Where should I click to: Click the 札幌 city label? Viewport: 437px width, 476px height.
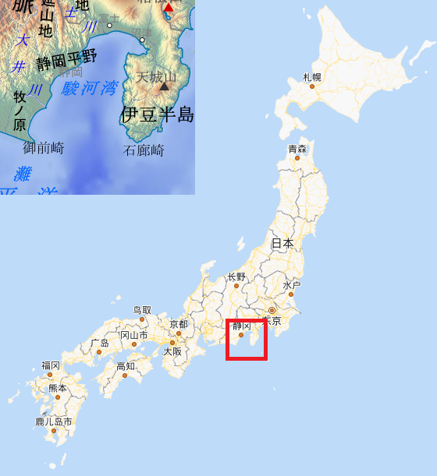pos(312,77)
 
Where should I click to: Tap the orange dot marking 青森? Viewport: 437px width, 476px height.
pos(297,158)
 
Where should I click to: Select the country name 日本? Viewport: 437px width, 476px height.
pos(282,243)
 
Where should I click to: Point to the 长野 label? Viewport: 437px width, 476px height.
pos(236,277)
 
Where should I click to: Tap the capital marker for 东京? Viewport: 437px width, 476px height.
pos(272,311)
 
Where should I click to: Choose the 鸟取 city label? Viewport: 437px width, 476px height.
pos(142,310)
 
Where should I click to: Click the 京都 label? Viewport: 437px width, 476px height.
pos(179,324)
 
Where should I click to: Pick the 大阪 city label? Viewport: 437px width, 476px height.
pos(172,351)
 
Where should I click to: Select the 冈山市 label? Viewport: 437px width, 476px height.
pos(133,336)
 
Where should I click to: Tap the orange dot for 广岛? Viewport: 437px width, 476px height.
pos(99,352)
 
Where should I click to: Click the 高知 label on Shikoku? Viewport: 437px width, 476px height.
pos(126,366)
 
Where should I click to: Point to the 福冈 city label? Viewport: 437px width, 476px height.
pos(51,365)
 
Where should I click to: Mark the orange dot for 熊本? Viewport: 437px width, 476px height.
pos(57,397)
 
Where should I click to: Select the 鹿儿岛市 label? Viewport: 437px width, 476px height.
pos(54,421)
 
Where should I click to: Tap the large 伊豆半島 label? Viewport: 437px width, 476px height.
pos(157,115)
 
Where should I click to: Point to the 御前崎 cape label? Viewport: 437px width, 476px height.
pos(44,147)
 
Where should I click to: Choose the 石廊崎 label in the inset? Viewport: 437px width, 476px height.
pos(144,150)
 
